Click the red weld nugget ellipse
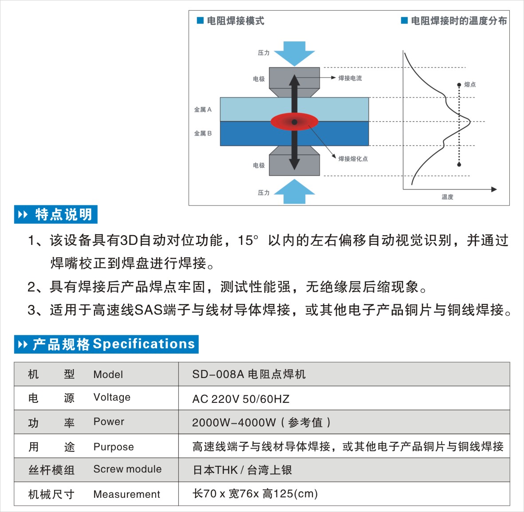294,122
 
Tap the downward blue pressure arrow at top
294,53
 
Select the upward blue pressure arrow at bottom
294,192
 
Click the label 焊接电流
350,78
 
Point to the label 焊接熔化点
353,159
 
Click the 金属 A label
203,110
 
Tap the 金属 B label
203,133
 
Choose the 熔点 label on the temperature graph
470,84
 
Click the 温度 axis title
447,197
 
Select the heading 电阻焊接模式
235,21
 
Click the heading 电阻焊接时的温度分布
458,21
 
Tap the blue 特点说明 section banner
56,215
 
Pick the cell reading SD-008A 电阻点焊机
249,374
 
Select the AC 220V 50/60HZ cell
240,399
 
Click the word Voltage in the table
112,398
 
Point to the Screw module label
127,469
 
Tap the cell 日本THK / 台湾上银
242,470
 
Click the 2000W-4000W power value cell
261,423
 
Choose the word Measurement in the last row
126,494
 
